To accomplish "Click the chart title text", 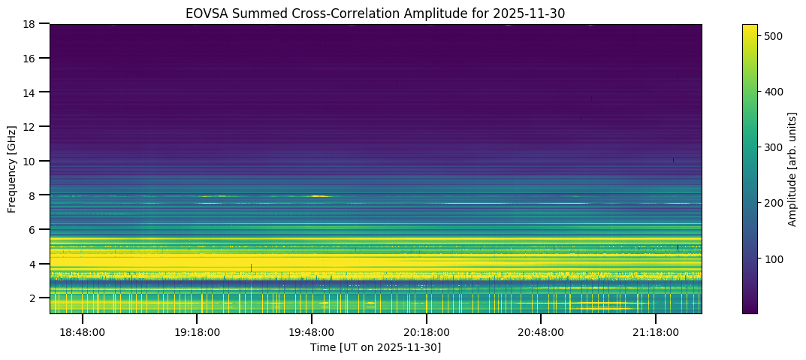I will pyautogui.click(x=376, y=13).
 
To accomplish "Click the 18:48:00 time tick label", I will pyautogui.click(x=83, y=332).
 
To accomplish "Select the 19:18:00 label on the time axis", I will pyautogui.click(x=197, y=332).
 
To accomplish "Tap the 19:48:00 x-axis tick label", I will pyautogui.click(x=312, y=332).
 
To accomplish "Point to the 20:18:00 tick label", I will pyautogui.click(x=427, y=332).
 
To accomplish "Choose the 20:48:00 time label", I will pyautogui.click(x=541, y=332).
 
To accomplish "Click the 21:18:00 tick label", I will pyautogui.click(x=656, y=332).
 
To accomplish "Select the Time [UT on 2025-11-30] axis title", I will pyautogui.click(x=376, y=347).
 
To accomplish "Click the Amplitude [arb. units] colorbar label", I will pyautogui.click(x=792, y=168).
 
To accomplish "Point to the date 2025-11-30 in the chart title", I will pyautogui.click(x=535, y=13).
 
